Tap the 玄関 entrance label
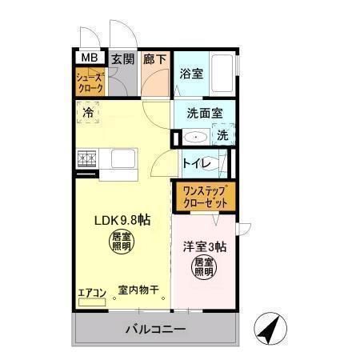click(122, 58)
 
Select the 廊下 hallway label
click(155, 58)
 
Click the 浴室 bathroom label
click(190, 74)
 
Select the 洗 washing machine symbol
click(223, 136)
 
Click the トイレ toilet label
click(196, 164)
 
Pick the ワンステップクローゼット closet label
click(205, 197)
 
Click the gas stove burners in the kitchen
click(87, 159)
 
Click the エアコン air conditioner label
click(91, 294)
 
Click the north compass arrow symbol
click(270, 329)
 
